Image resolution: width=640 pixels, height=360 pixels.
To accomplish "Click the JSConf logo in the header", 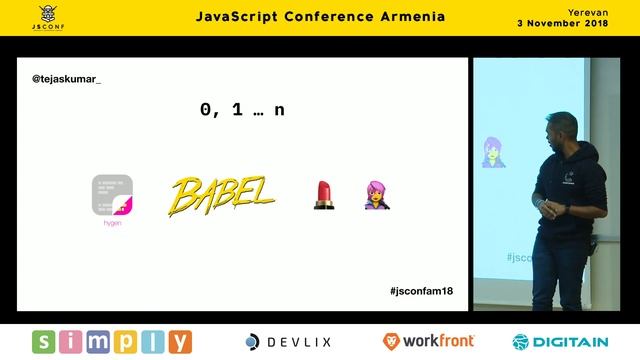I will [46, 17].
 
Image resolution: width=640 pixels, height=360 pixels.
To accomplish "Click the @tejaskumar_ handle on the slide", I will [67, 77].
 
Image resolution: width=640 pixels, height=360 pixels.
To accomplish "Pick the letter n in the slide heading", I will [279, 110].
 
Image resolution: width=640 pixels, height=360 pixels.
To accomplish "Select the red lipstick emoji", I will [322, 195].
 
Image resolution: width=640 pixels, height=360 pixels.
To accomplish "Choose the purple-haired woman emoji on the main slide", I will [376, 195].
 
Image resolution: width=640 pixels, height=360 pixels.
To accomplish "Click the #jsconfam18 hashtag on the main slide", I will [422, 290].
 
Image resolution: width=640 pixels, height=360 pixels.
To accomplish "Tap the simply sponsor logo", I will [111, 342].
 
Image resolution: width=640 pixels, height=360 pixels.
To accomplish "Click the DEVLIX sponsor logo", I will [289, 342].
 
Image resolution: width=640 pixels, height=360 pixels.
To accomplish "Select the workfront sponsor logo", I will [428, 342].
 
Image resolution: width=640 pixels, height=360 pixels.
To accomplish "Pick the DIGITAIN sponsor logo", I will [561, 342].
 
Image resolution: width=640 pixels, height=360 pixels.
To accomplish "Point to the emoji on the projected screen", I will [493, 152].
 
